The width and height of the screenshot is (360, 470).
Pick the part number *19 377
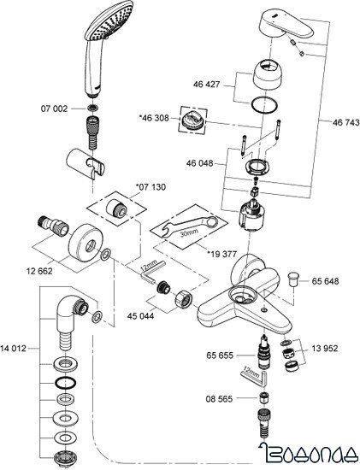[223, 253]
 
